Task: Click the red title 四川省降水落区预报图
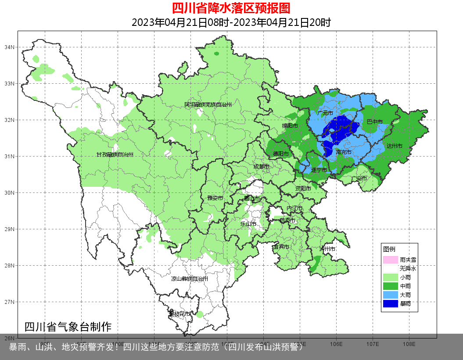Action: [231, 8]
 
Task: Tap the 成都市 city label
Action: [262, 167]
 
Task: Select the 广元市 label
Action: [325, 113]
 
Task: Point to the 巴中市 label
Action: [375, 121]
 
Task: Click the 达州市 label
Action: [395, 146]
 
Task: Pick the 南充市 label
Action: [343, 152]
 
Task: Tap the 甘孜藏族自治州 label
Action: [115, 155]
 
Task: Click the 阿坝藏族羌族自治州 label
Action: [208, 105]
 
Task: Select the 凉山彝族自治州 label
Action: [190, 279]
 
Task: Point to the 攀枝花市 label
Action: [179, 314]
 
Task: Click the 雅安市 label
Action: [215, 198]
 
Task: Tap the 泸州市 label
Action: [327, 249]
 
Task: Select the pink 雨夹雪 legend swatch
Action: [390, 260]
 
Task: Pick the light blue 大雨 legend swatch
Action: [390, 295]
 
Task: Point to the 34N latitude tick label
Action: [10, 47]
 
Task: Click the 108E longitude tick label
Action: [409, 344]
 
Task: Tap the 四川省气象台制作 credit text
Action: [68, 327]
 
